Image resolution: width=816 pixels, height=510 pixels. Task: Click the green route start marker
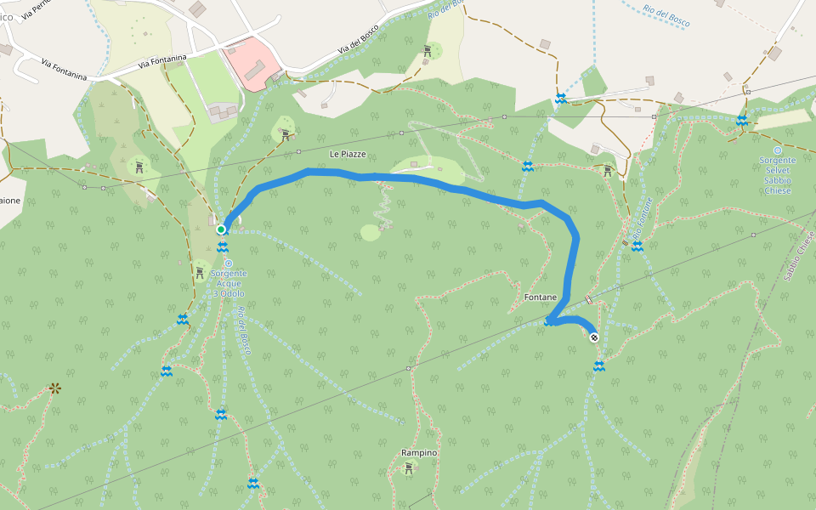(221, 229)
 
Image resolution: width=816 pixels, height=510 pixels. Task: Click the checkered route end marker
(594, 337)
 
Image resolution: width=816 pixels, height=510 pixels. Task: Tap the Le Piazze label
(348, 154)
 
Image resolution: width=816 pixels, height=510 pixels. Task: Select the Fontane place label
(541, 297)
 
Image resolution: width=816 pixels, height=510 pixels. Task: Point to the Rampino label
(419, 453)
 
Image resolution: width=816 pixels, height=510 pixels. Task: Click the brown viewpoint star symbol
(55, 388)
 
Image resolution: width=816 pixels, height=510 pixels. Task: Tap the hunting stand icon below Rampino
(409, 467)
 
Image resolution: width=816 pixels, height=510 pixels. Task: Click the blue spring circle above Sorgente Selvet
(777, 150)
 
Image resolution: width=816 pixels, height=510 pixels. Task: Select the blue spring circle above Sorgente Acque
(228, 263)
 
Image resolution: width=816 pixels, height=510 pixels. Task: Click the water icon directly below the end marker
(599, 366)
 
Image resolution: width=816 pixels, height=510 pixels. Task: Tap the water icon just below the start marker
(222, 247)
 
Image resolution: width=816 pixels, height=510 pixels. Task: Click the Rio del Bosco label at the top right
(666, 15)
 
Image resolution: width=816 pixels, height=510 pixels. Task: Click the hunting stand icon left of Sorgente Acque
(200, 272)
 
